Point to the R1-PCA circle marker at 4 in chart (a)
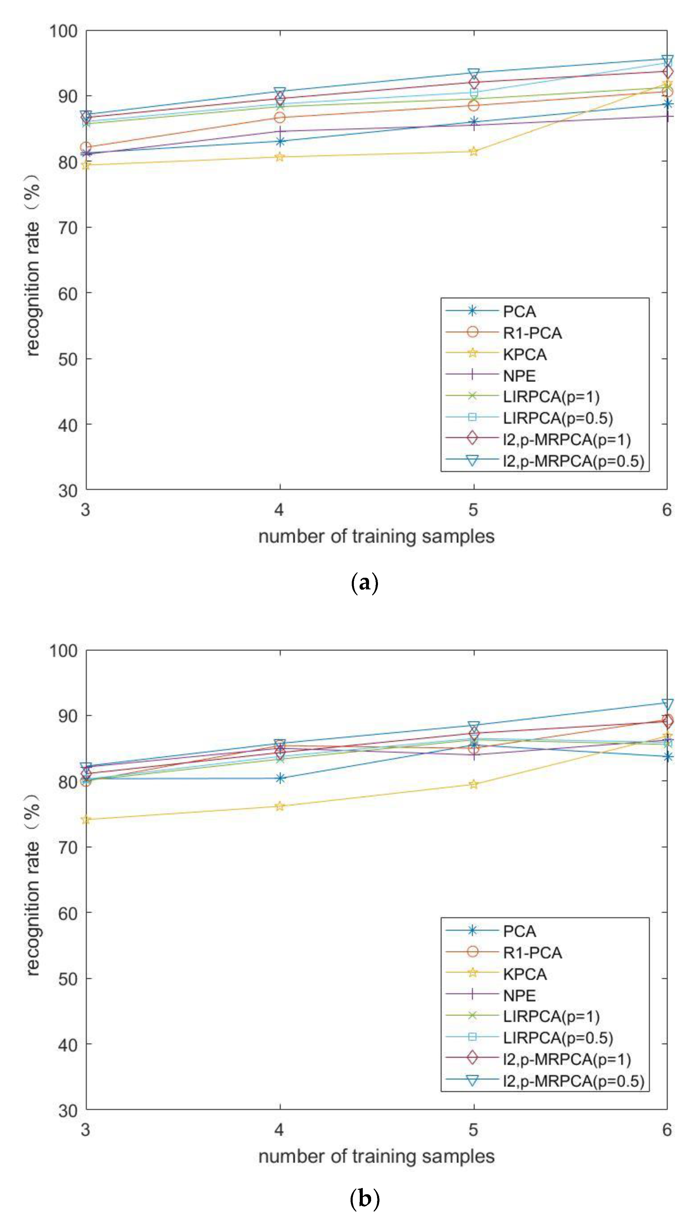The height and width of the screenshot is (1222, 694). click(x=280, y=118)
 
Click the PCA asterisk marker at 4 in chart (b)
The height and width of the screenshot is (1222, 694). click(x=280, y=778)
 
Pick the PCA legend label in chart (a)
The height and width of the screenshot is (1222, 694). click(x=519, y=312)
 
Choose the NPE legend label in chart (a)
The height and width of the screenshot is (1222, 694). click(x=519, y=376)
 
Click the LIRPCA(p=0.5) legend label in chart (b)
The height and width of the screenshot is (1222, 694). click(x=558, y=1038)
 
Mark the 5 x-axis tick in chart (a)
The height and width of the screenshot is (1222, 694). click(x=473, y=510)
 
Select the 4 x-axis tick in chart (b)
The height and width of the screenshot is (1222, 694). click(x=279, y=1130)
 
